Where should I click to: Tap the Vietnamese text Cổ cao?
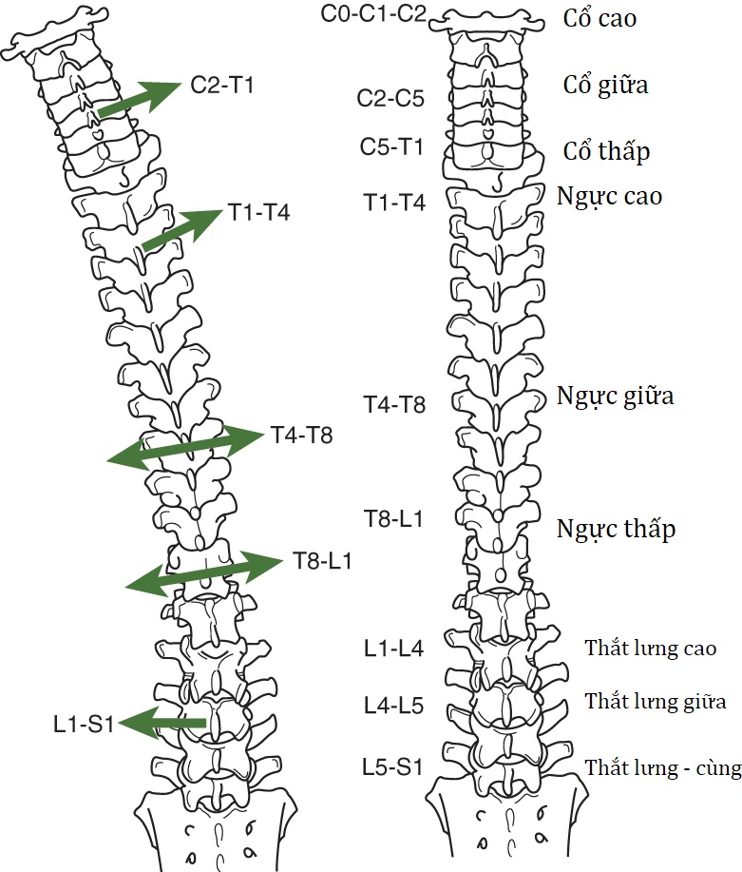[x=599, y=18]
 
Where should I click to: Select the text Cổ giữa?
[x=605, y=85]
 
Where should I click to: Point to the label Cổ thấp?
[x=606, y=151]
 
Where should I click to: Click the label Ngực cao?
[x=609, y=197]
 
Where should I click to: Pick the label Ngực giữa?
[x=615, y=396]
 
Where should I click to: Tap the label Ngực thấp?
[x=617, y=529]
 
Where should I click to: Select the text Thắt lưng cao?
[x=650, y=649]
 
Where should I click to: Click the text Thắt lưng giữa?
[x=656, y=703]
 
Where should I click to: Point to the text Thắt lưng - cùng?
[x=662, y=768]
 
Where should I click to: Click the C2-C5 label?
[x=390, y=98]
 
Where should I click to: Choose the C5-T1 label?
[x=390, y=147]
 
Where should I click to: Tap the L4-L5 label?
[x=393, y=706]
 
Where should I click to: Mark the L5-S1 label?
[x=393, y=766]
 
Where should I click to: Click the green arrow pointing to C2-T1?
[x=139, y=100]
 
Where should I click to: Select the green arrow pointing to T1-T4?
[x=181, y=231]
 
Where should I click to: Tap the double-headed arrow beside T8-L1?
[x=203, y=570]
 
